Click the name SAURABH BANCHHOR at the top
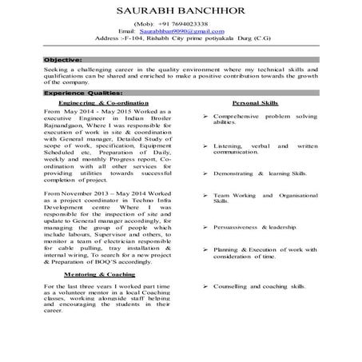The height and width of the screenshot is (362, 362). pyautogui.click(x=181, y=11)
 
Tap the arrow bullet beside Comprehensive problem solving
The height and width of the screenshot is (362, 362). pyautogui.click(x=206, y=117)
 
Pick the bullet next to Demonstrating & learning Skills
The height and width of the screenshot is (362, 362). pyautogui.click(x=206, y=173)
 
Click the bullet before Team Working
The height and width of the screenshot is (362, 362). pyautogui.click(x=206, y=195)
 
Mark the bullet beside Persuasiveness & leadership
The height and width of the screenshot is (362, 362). pyautogui.click(x=206, y=227)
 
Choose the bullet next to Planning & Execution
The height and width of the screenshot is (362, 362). pyautogui.click(x=206, y=250)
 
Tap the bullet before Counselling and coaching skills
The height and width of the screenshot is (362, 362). pyautogui.click(x=206, y=285)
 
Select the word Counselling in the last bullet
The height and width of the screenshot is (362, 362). pyautogui.click(x=234, y=285)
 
